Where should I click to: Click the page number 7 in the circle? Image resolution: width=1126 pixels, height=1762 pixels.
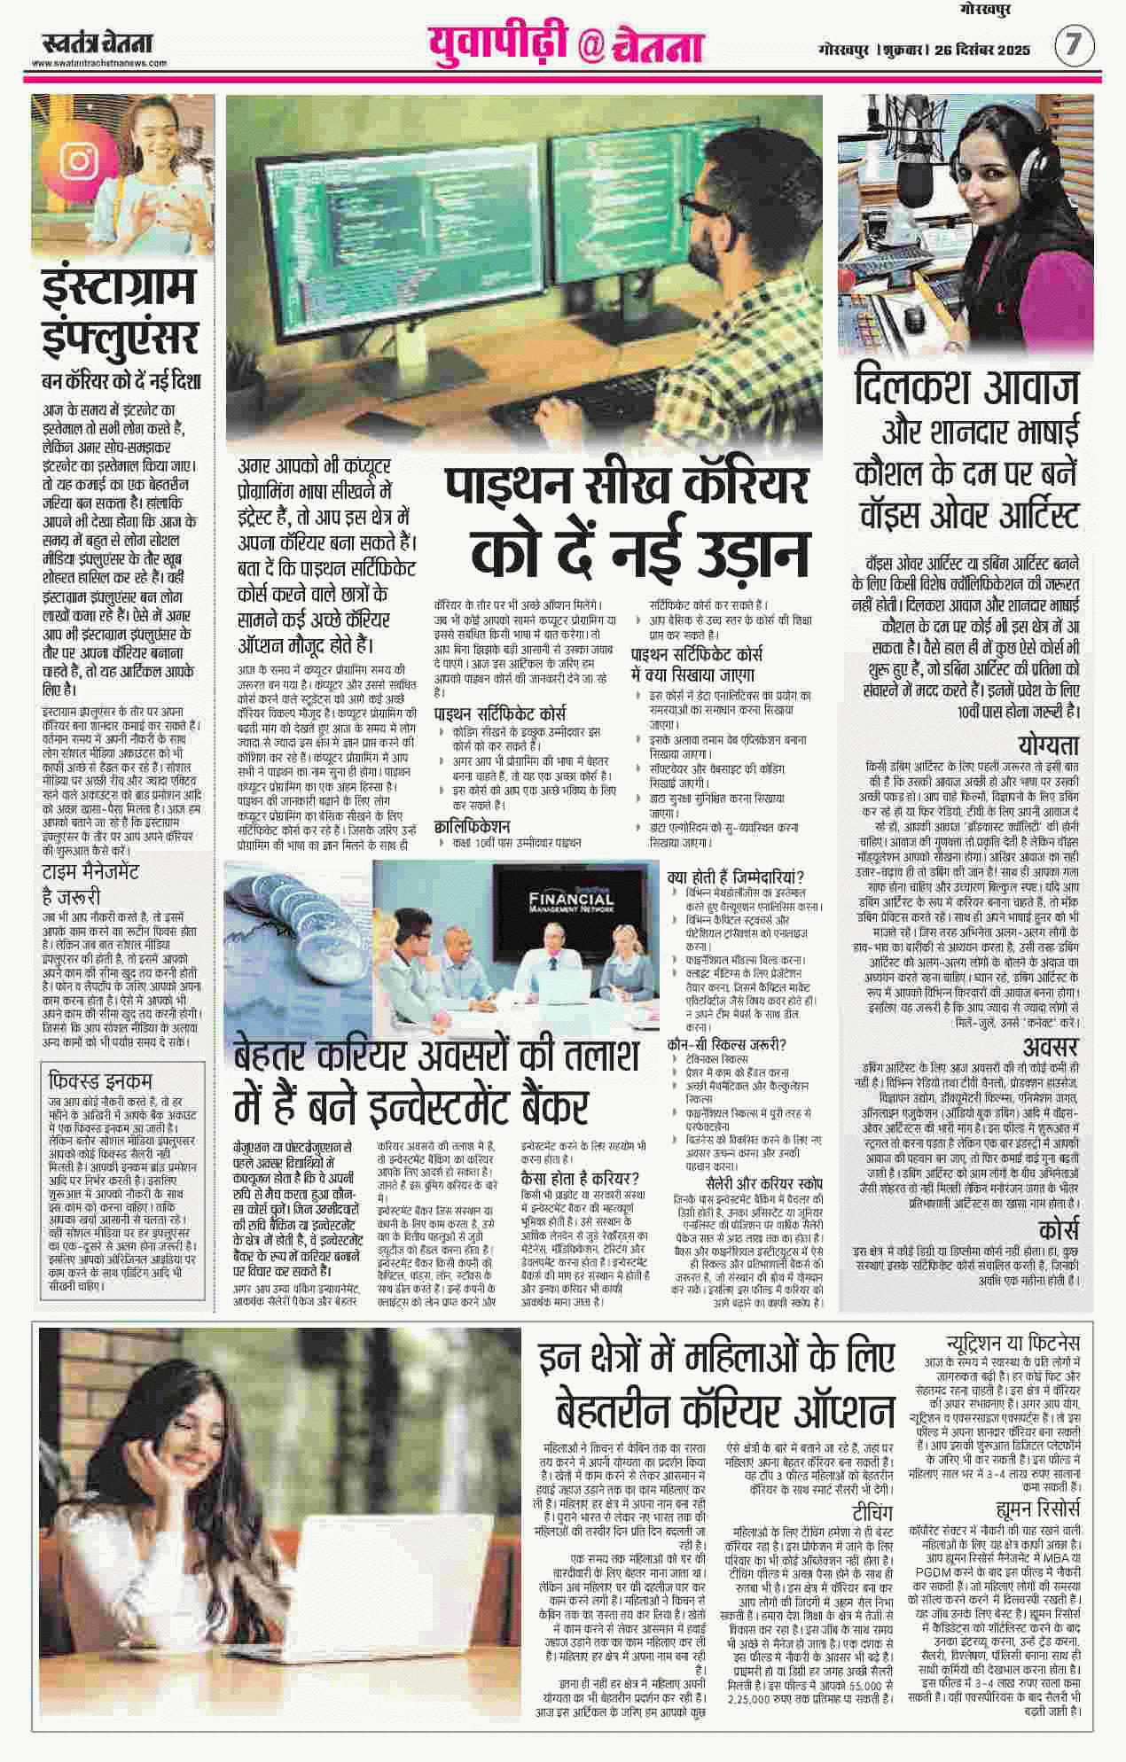click(x=1075, y=46)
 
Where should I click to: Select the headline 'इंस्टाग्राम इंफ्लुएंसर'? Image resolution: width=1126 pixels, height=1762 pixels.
click(x=122, y=316)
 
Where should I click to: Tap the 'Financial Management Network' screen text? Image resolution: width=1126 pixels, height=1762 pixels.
click(x=570, y=903)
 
